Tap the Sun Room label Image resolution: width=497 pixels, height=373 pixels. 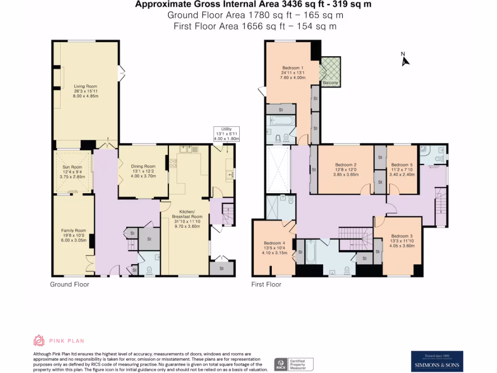72,172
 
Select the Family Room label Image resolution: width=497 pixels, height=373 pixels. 73,235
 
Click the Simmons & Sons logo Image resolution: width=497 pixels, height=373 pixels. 437,362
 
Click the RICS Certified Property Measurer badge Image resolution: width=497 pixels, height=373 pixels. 294,364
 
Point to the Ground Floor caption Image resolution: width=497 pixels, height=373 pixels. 69,285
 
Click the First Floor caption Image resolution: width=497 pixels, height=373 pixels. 266,285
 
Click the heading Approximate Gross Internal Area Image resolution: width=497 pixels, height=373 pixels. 254,5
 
